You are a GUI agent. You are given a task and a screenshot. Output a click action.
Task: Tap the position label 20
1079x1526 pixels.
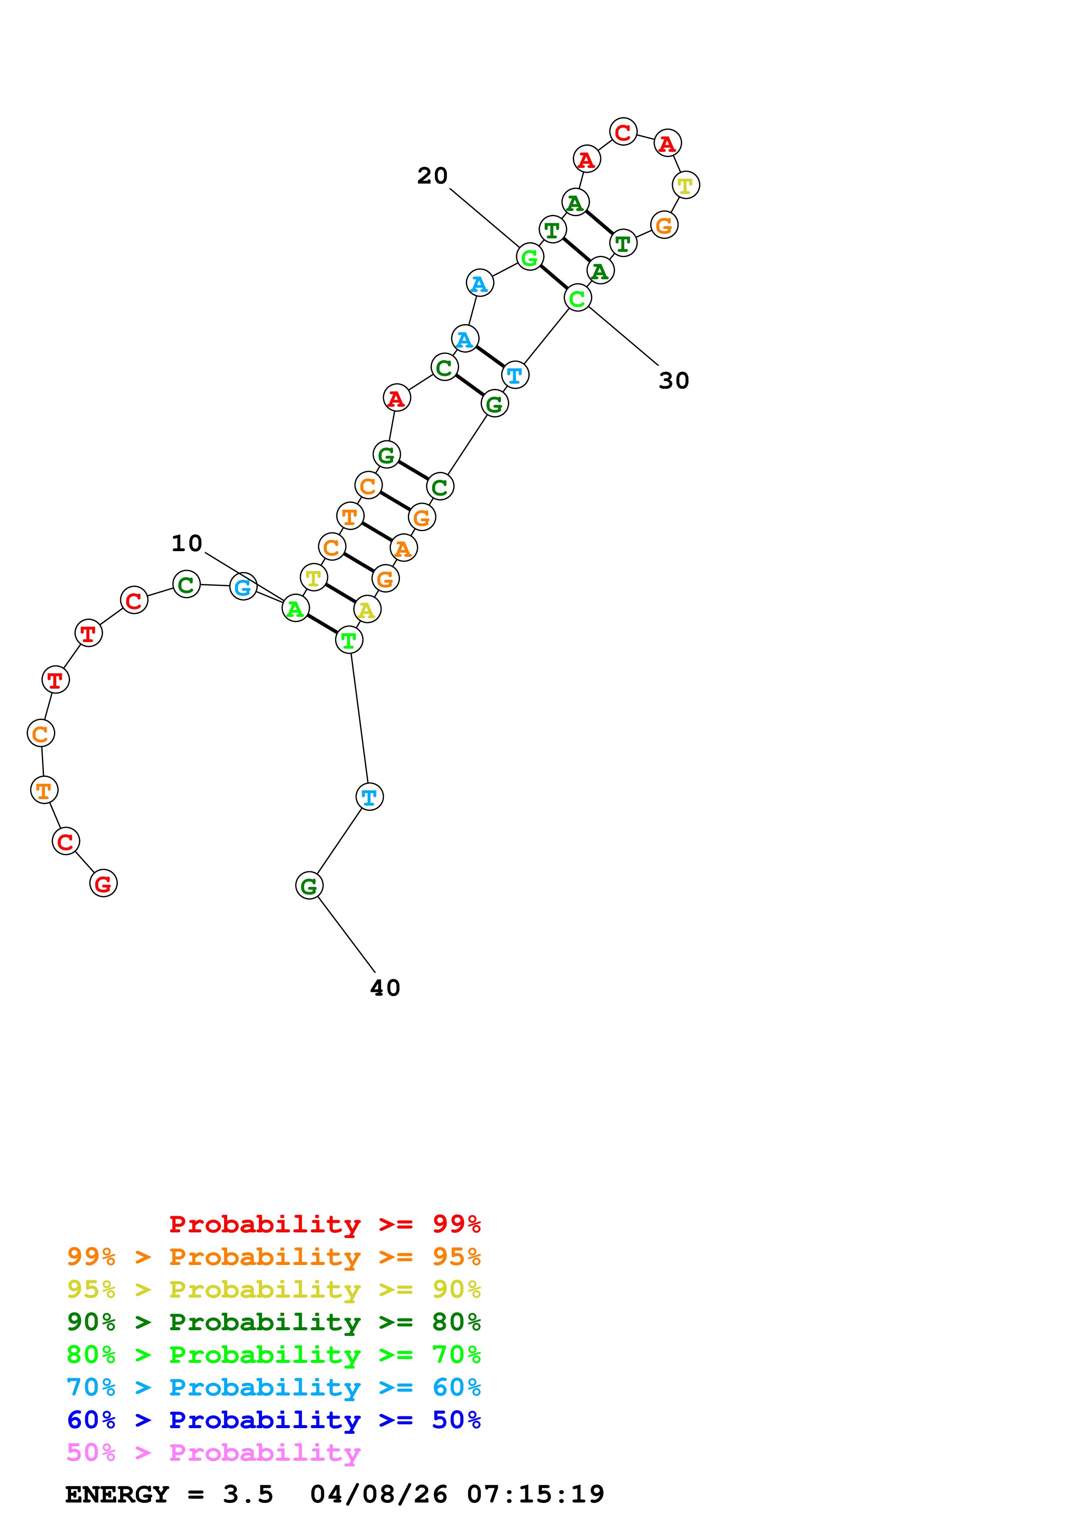coord(432,176)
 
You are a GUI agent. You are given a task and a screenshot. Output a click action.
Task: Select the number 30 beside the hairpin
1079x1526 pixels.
coord(673,381)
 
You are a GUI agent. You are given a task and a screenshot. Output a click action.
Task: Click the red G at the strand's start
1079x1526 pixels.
coord(103,883)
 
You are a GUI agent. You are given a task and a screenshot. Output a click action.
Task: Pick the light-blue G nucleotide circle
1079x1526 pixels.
coord(243,586)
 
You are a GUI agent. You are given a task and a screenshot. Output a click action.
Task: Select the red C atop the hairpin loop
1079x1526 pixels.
coord(623,132)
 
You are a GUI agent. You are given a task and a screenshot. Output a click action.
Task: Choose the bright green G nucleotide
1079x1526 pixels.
coord(530,257)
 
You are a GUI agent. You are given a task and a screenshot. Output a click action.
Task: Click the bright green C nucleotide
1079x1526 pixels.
coord(577,298)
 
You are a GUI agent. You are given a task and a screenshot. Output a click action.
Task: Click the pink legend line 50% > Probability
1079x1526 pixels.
coord(213,1452)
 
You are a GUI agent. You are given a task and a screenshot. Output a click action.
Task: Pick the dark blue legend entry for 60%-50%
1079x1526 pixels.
coord(273,1420)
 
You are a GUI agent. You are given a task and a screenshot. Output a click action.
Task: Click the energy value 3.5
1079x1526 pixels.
coord(248,1494)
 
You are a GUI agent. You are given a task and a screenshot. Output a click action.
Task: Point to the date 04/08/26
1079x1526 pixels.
coord(378,1494)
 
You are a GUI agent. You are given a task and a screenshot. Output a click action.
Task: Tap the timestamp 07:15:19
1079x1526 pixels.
coord(535,1494)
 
